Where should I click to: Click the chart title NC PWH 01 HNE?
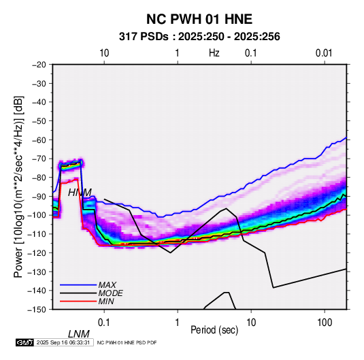(x=199, y=19)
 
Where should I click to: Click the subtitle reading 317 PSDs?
(x=144, y=37)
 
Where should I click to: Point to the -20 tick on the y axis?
(x=39, y=65)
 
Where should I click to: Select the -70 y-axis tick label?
(x=39, y=159)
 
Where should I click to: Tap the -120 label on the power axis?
(x=37, y=252)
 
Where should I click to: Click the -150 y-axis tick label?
(x=37, y=310)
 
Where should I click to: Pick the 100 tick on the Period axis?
(x=325, y=323)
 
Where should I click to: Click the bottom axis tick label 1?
(x=178, y=323)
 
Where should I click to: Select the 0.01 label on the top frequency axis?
(x=324, y=53)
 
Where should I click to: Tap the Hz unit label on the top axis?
(x=214, y=53)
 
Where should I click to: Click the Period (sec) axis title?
(x=214, y=330)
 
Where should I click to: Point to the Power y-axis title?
(x=18, y=186)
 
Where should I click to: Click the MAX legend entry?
(x=107, y=284)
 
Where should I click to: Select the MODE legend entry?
(x=110, y=293)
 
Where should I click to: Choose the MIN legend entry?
(x=106, y=301)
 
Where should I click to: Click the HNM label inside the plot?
(x=80, y=193)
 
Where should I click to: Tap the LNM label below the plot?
(x=78, y=334)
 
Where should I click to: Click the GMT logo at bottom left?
(x=25, y=342)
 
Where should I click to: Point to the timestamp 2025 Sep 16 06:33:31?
(x=63, y=342)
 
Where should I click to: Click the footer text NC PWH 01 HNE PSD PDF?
(x=127, y=343)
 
